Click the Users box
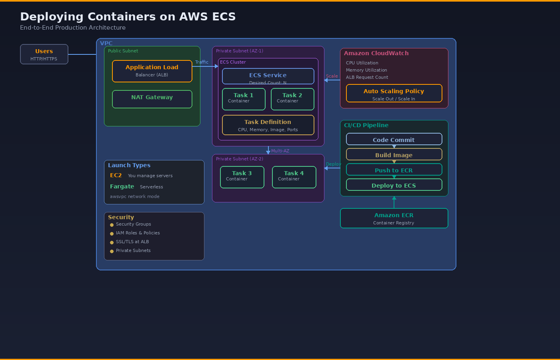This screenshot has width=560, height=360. tap(44, 54)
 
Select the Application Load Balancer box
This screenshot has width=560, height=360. tap(152, 71)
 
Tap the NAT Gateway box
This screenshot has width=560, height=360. tap(152, 99)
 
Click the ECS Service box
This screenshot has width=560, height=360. tap(268, 76)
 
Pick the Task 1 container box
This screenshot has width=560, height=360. tap(244, 99)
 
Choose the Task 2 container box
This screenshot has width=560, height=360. tap(292, 99)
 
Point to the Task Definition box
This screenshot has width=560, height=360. tap(268, 125)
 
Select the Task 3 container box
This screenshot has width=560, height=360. tap(242, 177)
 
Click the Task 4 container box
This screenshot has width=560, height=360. tap(294, 177)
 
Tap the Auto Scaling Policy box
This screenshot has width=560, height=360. tap(394, 93)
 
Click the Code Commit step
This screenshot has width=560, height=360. tap(394, 139)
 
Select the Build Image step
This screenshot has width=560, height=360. tap(394, 154)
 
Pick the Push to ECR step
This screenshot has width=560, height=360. tap(394, 170)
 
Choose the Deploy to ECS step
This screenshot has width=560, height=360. tap(394, 185)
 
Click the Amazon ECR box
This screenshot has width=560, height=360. tap(394, 218)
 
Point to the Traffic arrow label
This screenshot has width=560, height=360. tap(202, 62)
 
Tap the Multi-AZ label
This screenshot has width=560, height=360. tap(280, 151)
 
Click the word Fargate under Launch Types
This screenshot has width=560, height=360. tap(122, 186)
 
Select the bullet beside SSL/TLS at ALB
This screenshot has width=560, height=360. tap(112, 242)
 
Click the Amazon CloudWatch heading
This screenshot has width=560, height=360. tap(376, 53)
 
